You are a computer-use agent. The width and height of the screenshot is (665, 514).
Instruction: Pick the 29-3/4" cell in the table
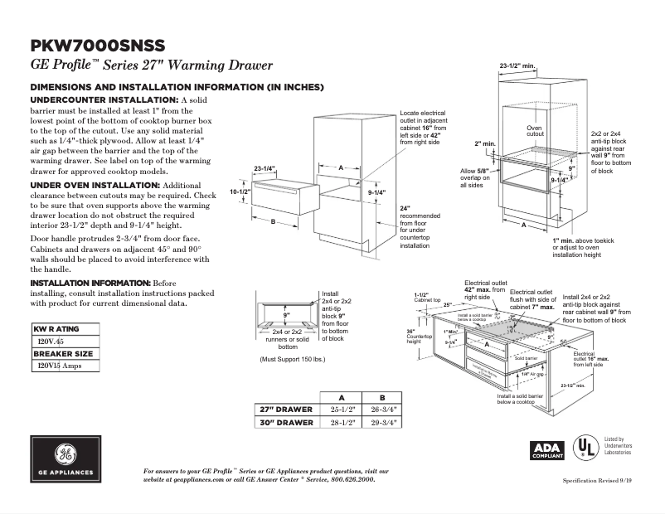382,422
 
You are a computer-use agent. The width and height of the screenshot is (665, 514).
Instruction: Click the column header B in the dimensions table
382,396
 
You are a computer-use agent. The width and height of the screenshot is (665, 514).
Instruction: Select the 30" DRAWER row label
287,422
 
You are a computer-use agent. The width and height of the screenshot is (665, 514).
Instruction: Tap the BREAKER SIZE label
62,353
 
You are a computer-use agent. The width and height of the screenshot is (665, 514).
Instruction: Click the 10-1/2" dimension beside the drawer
240,192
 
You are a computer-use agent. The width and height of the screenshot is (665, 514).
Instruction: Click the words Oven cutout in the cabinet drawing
535,131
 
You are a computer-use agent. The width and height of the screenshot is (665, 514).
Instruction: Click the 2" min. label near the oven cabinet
483,143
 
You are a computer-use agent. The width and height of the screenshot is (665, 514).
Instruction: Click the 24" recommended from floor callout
418,226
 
